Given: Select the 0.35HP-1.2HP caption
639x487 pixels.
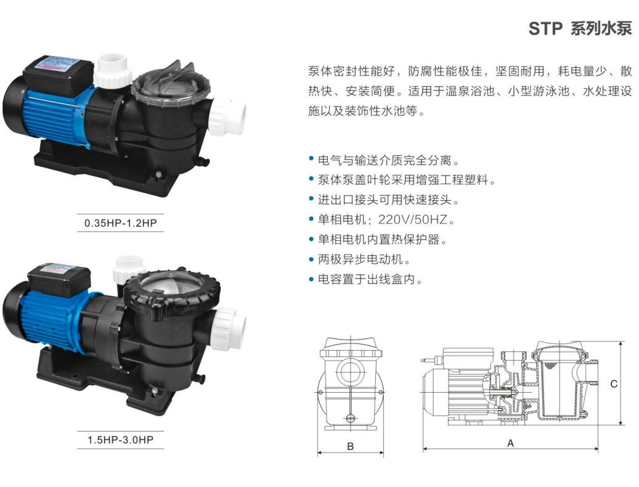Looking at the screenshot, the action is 121,223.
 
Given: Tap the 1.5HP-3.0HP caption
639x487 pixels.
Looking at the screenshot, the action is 121,440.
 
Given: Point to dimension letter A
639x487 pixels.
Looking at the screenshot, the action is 510,443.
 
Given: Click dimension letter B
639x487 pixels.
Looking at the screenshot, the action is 351,446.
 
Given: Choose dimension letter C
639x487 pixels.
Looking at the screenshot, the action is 614,384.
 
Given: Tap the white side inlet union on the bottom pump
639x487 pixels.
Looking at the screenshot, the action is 229,327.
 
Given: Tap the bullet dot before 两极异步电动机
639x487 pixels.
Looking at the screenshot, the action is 311,259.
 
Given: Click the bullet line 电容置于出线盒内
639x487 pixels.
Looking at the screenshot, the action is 370,279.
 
